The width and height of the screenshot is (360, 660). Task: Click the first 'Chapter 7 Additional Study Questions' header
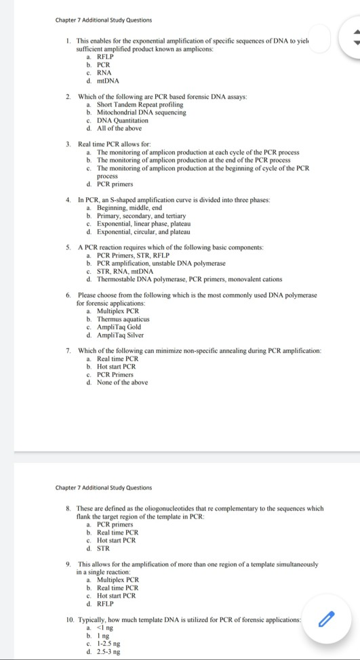point(104,20)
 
